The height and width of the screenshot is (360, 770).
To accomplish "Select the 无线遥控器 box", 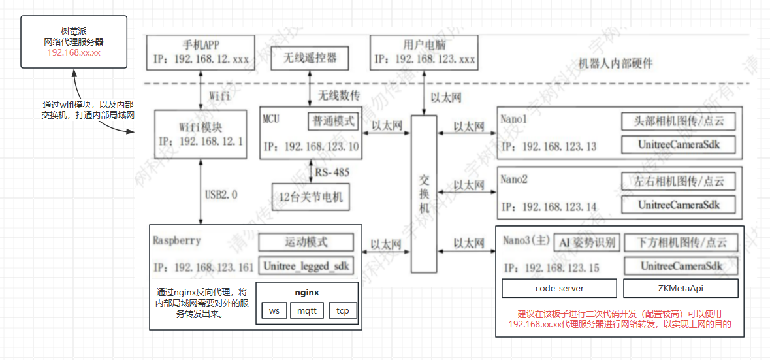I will pyautogui.click(x=310, y=58).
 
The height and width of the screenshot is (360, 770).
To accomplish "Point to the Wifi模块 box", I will pyautogui.click(x=201, y=134).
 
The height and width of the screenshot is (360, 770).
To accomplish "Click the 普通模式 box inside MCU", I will pyautogui.click(x=332, y=121).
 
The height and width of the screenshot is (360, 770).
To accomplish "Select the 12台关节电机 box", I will pyautogui.click(x=310, y=196).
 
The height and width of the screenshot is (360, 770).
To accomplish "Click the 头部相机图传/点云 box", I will pyautogui.click(x=679, y=121).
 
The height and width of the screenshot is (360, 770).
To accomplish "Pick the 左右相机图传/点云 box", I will pyautogui.click(x=679, y=180).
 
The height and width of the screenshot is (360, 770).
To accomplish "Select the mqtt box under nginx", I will pyautogui.click(x=306, y=310).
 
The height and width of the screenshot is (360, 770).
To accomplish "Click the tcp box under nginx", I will pyautogui.click(x=342, y=310).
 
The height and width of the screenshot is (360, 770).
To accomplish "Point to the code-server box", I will pyautogui.click(x=559, y=288).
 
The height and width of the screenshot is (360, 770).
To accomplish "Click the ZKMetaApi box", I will pyautogui.click(x=681, y=288).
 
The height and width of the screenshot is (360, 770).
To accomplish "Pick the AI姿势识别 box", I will pyautogui.click(x=586, y=242).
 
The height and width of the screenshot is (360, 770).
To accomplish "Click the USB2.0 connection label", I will pyautogui.click(x=222, y=194).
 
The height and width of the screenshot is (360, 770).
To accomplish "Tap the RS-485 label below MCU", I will pyautogui.click(x=332, y=172).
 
